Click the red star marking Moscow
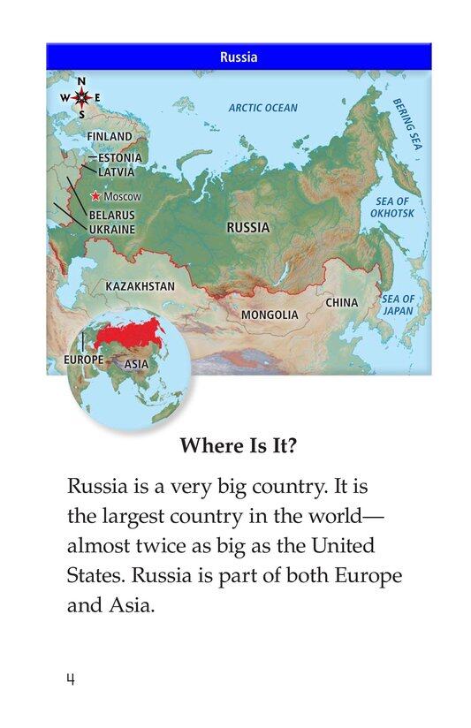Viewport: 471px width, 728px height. pyautogui.click(x=95, y=196)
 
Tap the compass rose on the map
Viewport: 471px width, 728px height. pyautogui.click(x=81, y=97)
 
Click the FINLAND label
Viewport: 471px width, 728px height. pyautogui.click(x=109, y=137)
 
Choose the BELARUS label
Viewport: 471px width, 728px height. pyautogui.click(x=111, y=215)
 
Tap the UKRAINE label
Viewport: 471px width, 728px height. pyautogui.click(x=111, y=229)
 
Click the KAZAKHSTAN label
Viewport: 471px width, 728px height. pyautogui.click(x=140, y=286)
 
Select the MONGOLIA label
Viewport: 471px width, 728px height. pyautogui.click(x=270, y=315)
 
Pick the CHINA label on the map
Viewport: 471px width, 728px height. pyautogui.click(x=341, y=302)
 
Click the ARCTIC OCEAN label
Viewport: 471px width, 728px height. pyautogui.click(x=262, y=108)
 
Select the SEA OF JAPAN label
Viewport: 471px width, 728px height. pyautogui.click(x=398, y=305)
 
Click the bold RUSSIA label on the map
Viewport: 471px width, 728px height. pyautogui.click(x=248, y=227)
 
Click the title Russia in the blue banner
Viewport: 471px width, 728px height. pyautogui.click(x=238, y=57)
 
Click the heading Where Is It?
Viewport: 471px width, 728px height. pyautogui.click(x=238, y=446)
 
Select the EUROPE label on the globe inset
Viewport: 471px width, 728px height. pyautogui.click(x=84, y=360)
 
